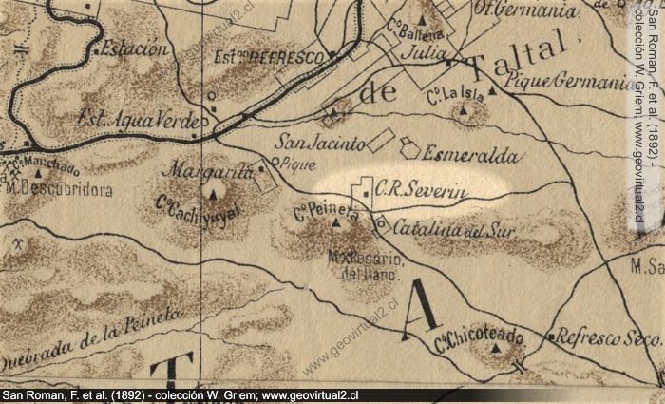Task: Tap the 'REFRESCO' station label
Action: (283, 58)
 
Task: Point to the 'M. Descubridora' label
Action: (59, 189)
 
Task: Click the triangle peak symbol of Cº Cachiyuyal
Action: (213, 195)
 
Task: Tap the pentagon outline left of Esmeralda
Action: (409, 147)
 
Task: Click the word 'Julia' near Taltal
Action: (423, 53)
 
